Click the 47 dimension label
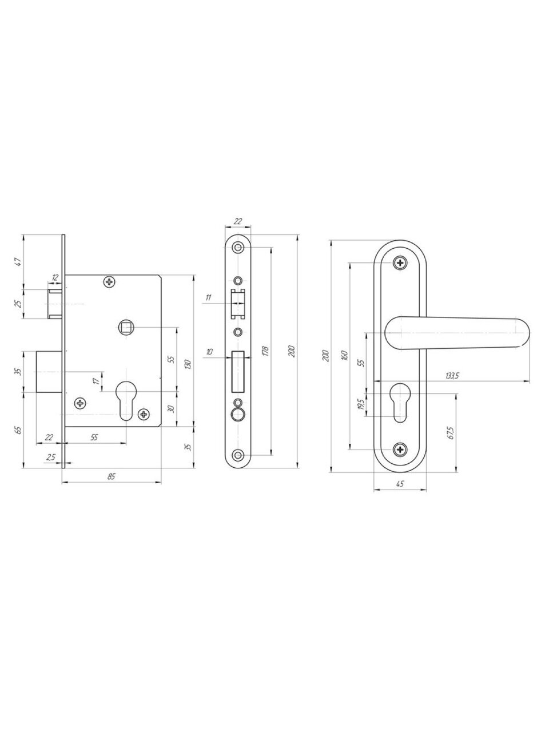19,262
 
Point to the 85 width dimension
112,476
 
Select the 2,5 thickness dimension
51,457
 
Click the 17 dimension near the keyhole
96,381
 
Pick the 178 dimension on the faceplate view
265,351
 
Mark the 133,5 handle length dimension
452,375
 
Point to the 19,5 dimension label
361,404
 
